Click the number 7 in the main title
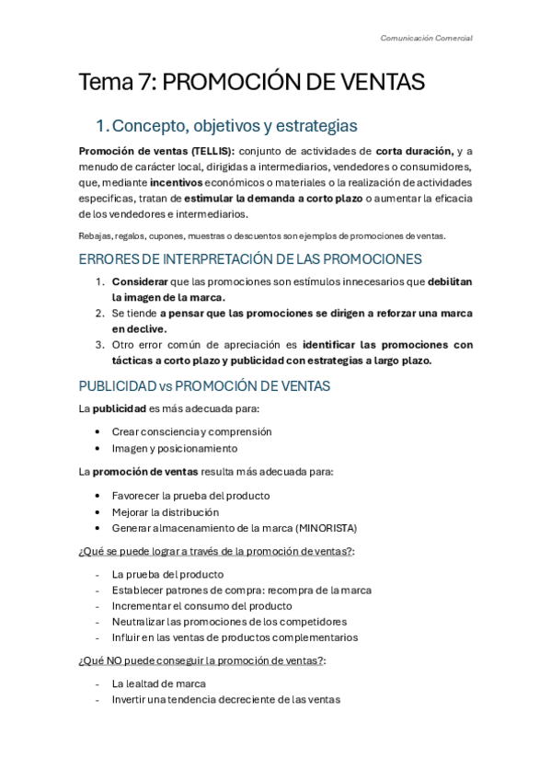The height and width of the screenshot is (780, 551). tap(147, 83)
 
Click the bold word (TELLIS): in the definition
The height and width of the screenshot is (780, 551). tap(208, 151)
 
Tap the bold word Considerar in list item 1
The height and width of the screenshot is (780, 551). tap(140, 281)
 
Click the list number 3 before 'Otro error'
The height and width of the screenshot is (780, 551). tap(99, 345)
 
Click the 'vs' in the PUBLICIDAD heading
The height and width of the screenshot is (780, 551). tap(160, 385)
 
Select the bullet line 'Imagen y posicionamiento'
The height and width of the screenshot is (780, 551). tap(162, 448)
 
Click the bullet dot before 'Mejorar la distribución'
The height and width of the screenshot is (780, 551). tap(98, 511)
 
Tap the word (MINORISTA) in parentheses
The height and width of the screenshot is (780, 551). tap(326, 528)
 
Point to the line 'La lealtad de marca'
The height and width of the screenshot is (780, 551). tap(158, 683)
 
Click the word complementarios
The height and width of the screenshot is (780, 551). tap(316, 637)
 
